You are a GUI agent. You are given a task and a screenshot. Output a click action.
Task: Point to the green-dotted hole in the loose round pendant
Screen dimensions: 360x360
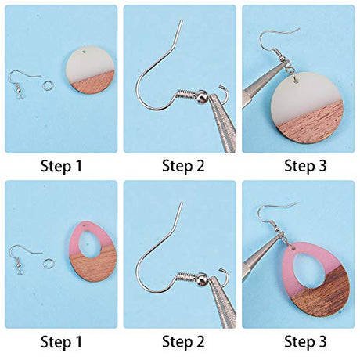coord(84,52)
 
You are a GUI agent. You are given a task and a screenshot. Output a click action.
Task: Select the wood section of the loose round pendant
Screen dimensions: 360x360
coord(95,83)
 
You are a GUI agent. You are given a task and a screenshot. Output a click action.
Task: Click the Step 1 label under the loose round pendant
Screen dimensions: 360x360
coord(61,166)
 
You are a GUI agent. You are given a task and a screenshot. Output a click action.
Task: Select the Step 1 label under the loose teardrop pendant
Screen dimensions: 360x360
coord(61,341)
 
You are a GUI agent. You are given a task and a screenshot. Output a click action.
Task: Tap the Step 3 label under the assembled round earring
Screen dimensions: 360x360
coord(305,166)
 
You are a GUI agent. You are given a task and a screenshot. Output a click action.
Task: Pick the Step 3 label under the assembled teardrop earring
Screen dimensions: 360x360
coord(305,341)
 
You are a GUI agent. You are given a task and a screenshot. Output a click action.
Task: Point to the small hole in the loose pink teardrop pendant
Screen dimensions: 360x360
coord(85,225)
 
